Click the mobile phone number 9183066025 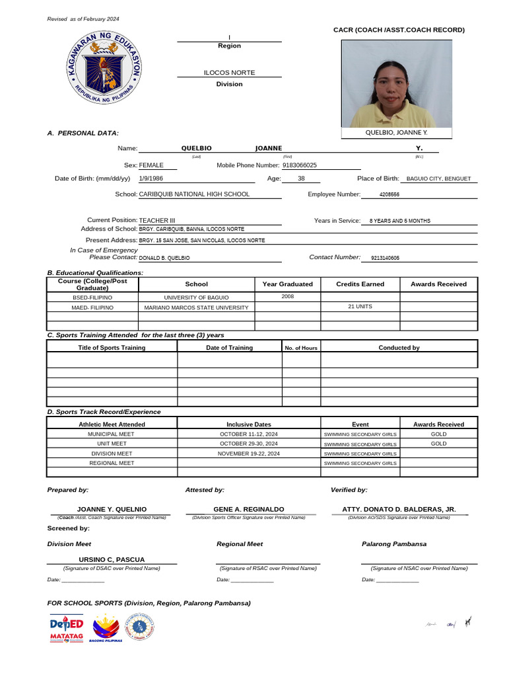pos(299,165)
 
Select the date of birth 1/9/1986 pos(151,179)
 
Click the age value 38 pos(301,179)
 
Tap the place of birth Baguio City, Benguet pos(438,179)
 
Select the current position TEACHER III pos(157,220)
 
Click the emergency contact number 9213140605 pos(385,258)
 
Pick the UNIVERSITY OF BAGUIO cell pos(196,298)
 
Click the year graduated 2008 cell pos(287,297)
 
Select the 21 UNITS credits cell pos(360,307)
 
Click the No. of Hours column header pos(301,348)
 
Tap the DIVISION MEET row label pos(112,454)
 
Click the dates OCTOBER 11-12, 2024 pos(248,434)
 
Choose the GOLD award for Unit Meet pos(438,444)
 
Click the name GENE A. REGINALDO pos(249,509)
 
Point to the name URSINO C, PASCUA pos(112,559)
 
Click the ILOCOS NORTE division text pos(229,73)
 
